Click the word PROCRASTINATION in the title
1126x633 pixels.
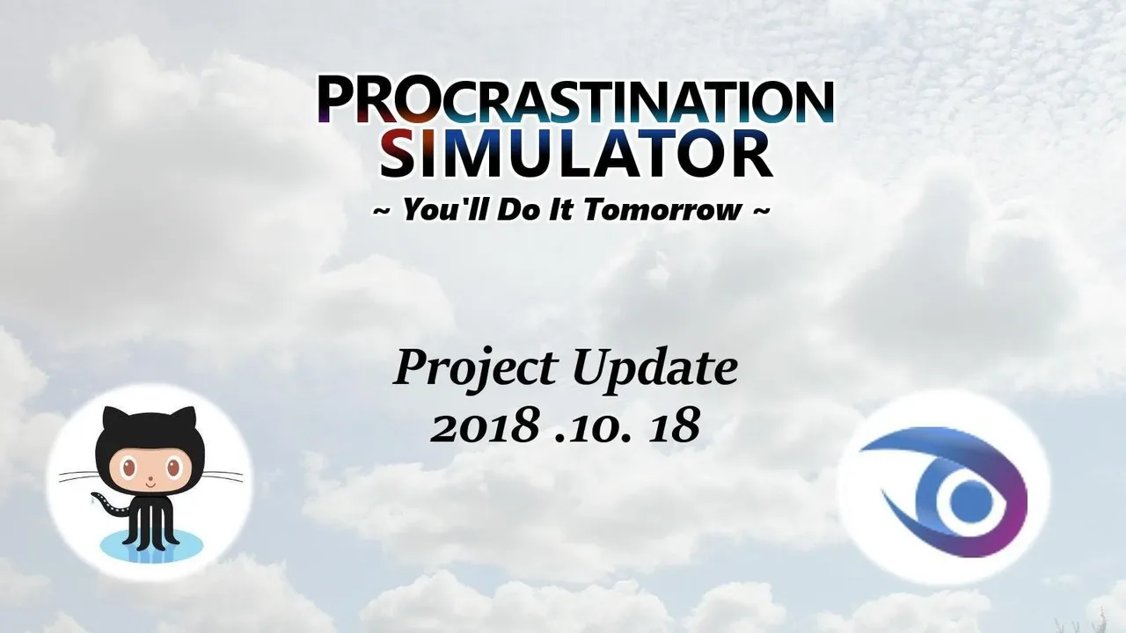click(x=576, y=99)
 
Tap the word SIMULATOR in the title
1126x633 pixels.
click(x=575, y=154)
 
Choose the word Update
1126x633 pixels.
click(x=654, y=369)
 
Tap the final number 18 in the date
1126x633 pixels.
click(x=674, y=426)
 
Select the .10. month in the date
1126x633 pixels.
click(x=592, y=427)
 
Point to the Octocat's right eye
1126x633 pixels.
click(x=174, y=469)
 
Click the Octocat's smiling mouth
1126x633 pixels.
click(x=150, y=485)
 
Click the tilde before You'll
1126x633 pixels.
click(x=381, y=210)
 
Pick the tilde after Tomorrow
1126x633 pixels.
click(x=761, y=210)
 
